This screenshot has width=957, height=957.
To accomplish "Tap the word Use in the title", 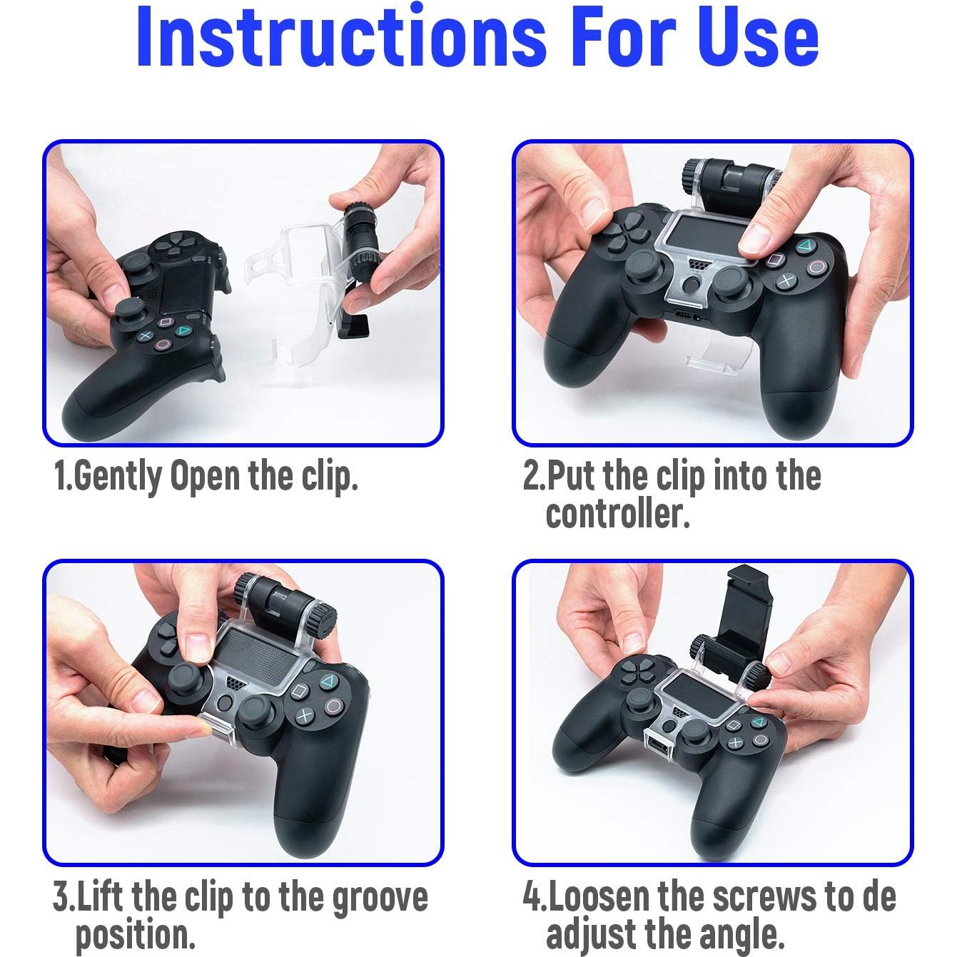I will [758, 37].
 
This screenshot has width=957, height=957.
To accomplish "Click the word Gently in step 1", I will [117, 477].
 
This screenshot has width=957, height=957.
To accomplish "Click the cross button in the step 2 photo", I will [786, 280].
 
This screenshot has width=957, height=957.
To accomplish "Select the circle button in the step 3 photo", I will [333, 707].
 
